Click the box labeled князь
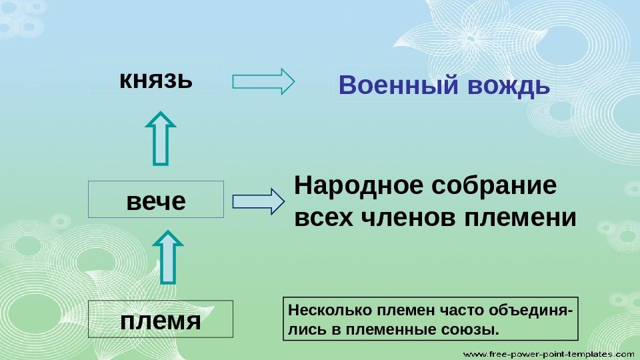coord(156,78)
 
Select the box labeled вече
coord(156,199)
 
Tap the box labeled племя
coord(161,319)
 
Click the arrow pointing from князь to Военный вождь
coord(263,81)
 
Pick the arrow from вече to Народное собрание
coord(258,201)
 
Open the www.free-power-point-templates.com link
coord(549,351)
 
